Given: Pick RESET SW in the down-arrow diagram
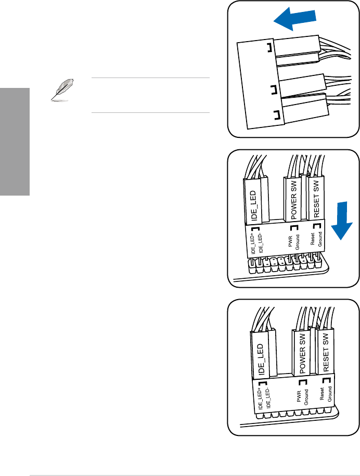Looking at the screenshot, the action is click(x=317, y=200).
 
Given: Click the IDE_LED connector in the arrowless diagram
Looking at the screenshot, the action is click(x=259, y=354).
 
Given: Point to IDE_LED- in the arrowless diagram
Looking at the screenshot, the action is click(x=267, y=396).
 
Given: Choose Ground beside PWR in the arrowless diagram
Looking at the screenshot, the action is click(x=307, y=398).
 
